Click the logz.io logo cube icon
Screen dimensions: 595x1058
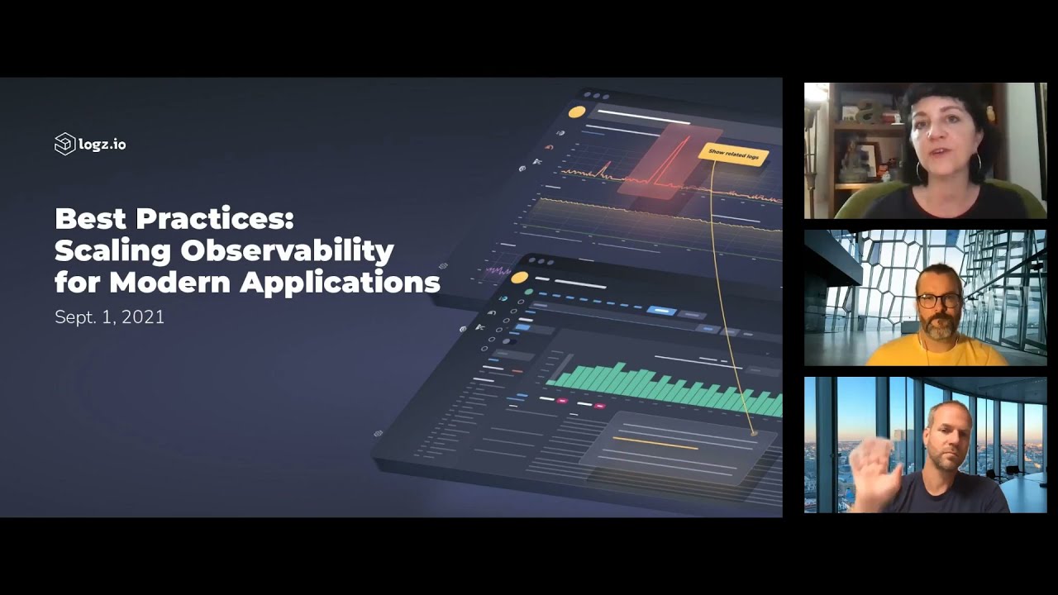click(64, 145)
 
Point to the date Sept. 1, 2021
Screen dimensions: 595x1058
click(109, 317)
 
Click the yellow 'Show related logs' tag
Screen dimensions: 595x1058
click(733, 154)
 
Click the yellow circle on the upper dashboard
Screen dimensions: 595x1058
click(577, 112)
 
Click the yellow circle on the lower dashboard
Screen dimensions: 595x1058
click(519, 278)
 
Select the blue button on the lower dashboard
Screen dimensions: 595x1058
click(661, 311)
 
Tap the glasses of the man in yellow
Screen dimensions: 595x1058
click(939, 300)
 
